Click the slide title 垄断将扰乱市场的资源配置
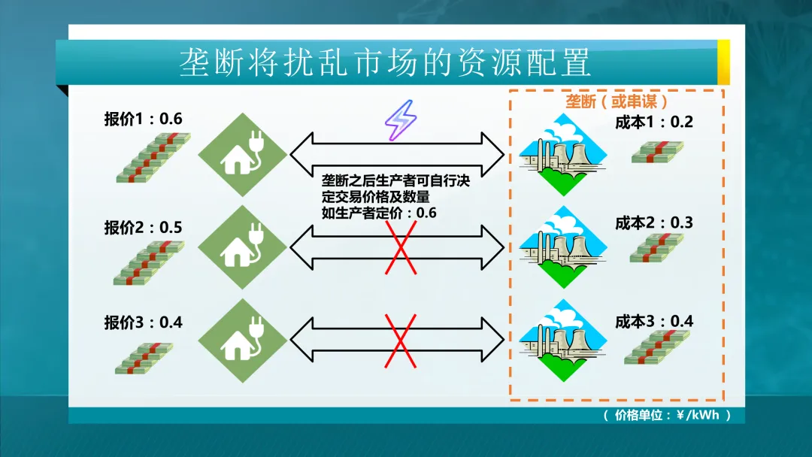[x=384, y=63]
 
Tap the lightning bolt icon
[x=399, y=120]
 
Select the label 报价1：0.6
[x=143, y=119]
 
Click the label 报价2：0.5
[x=143, y=228]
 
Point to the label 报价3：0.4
[x=143, y=322]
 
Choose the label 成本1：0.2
[x=653, y=123]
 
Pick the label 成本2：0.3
[x=653, y=223]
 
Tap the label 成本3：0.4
[x=653, y=322]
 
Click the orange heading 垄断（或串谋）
[x=617, y=101]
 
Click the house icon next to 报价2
[x=243, y=247]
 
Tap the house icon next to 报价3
[x=243, y=343]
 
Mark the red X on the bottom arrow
[x=401, y=341]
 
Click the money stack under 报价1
[x=153, y=158]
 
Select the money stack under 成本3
[x=656, y=347]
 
